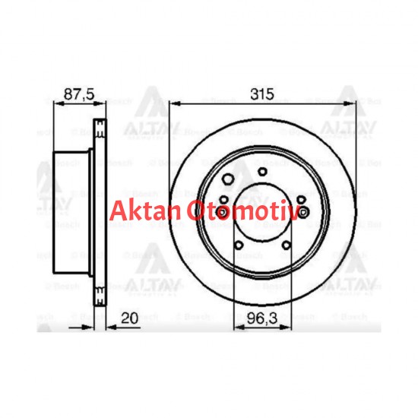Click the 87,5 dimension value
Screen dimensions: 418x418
click(x=76, y=95)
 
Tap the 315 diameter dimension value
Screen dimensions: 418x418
click(x=261, y=95)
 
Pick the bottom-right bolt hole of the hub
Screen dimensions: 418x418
click(x=283, y=245)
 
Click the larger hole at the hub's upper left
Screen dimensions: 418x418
click(x=227, y=180)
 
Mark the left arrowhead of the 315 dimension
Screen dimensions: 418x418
click(x=172, y=106)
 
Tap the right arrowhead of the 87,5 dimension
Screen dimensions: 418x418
click(x=100, y=106)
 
